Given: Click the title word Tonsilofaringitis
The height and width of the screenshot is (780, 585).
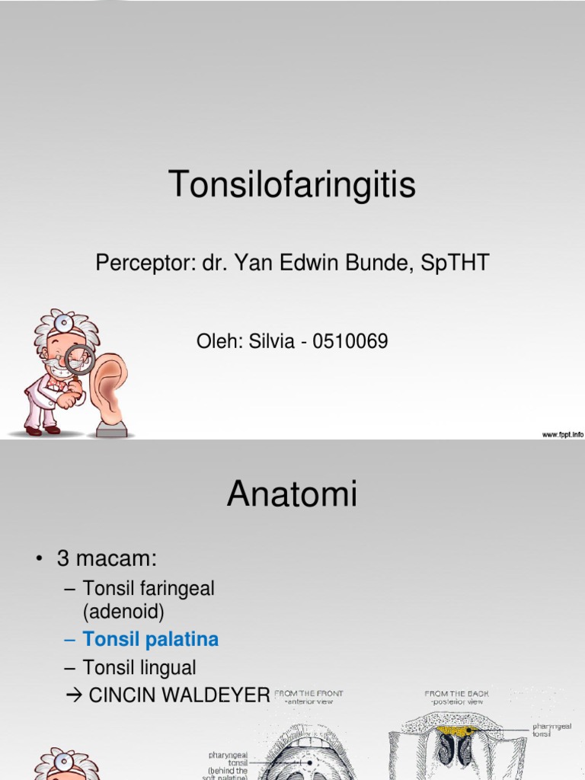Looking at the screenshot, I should coord(292,184).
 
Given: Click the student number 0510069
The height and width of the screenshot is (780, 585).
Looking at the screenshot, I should coord(352,342).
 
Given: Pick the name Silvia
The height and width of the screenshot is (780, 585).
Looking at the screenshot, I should coord(266,342).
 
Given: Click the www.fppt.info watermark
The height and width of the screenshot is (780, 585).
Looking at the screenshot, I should coord(562,433).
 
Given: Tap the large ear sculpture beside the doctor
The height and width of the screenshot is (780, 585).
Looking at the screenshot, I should coord(107,389).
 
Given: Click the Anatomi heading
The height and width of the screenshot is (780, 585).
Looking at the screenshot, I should coord(292,495).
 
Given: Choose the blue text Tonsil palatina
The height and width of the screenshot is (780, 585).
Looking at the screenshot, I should coord(151,639).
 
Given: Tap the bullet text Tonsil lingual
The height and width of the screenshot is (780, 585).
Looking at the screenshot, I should coord(139,668).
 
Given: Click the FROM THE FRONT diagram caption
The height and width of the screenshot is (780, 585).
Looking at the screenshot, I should coord(308,694).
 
